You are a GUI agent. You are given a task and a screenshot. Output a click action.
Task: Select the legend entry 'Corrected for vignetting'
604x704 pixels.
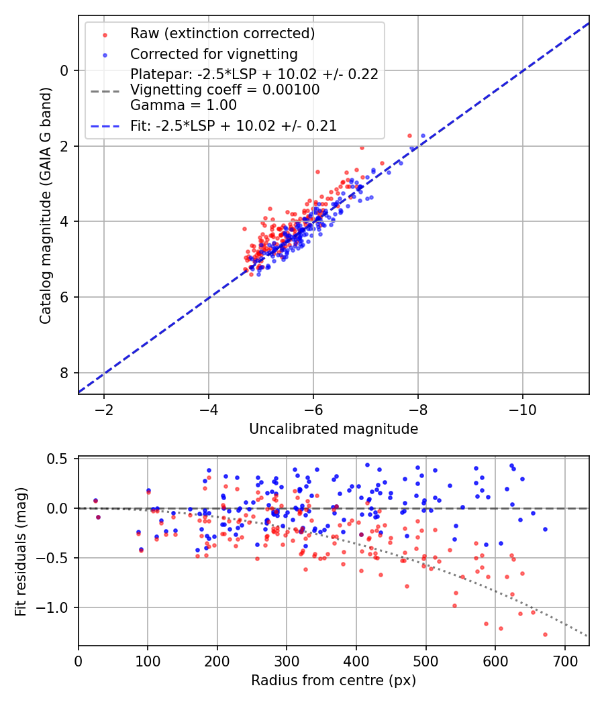213,54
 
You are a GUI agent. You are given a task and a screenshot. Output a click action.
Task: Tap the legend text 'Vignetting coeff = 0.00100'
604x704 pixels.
225,90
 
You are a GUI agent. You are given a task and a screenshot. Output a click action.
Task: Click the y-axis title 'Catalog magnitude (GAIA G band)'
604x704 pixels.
45,204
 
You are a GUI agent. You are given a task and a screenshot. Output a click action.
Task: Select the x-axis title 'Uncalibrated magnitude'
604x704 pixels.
334,429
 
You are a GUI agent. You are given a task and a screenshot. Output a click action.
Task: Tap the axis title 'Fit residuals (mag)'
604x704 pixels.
21,552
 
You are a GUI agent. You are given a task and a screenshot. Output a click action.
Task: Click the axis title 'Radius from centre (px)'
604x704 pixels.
334,681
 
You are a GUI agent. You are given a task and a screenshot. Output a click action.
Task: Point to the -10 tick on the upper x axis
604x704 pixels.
523,410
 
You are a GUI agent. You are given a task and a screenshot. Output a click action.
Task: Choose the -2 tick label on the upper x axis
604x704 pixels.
104,410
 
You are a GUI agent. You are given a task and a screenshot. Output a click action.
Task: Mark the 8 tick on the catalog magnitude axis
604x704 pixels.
65,373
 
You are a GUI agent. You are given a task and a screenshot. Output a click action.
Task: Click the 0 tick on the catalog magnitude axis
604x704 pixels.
65,70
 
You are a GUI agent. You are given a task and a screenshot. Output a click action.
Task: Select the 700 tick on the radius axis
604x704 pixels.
564,660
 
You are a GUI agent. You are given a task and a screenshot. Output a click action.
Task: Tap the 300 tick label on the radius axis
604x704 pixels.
287,660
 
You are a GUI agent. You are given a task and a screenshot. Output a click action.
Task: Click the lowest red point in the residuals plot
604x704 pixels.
545,634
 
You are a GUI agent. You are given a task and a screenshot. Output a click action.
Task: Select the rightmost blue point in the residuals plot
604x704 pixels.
545,529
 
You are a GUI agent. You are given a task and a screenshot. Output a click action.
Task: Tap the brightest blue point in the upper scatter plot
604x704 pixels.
423,135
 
